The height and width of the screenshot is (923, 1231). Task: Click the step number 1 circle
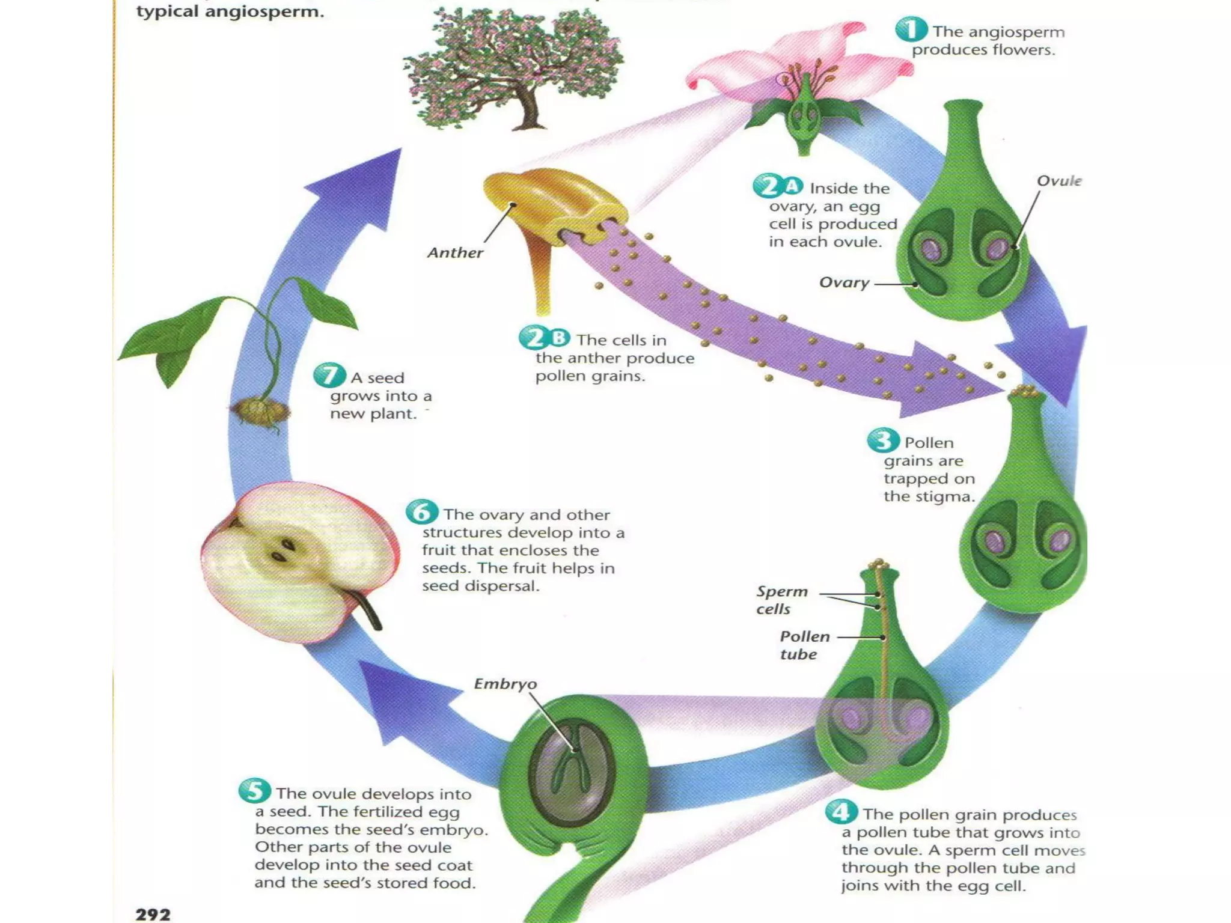pyautogui.click(x=911, y=29)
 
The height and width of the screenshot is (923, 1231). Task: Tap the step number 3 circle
pyautogui.click(x=883, y=441)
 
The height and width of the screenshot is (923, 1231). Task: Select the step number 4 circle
pyautogui.click(x=840, y=812)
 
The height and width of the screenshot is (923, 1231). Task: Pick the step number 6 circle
pyautogui.click(x=421, y=512)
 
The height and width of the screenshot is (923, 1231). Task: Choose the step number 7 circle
pyautogui.click(x=329, y=376)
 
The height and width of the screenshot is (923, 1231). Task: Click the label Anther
pyautogui.click(x=455, y=253)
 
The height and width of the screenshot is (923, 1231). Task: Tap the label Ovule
pyautogui.click(x=1058, y=181)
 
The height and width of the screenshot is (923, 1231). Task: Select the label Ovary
pyautogui.click(x=844, y=282)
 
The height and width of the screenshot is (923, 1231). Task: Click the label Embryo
pyautogui.click(x=505, y=684)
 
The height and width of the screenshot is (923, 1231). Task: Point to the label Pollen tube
pyautogui.click(x=804, y=645)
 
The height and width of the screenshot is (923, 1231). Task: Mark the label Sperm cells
pyautogui.click(x=781, y=600)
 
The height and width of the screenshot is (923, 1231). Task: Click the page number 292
pyautogui.click(x=153, y=914)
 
